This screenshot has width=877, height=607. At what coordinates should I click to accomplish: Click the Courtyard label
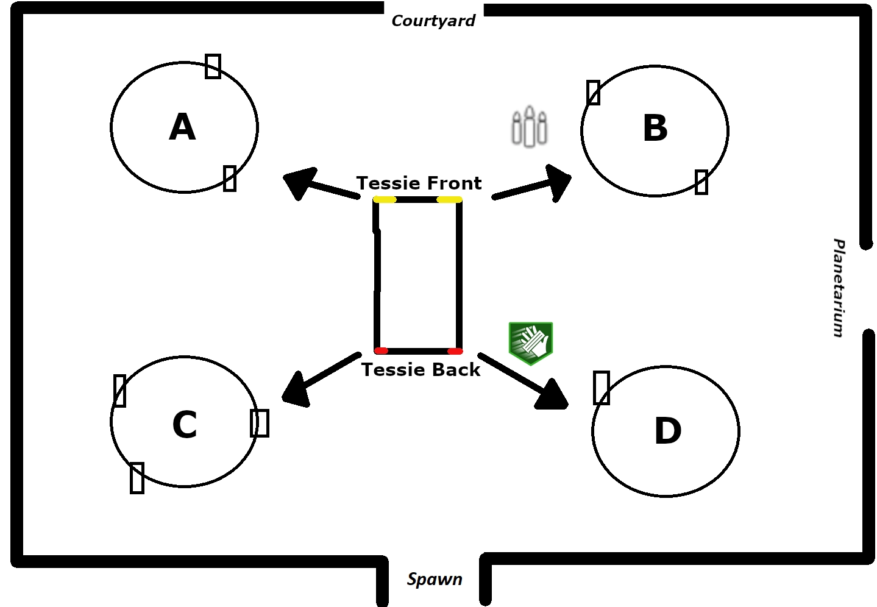[x=433, y=21]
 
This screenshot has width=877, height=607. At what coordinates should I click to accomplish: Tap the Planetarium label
[x=839, y=288]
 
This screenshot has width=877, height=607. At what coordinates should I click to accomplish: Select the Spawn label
[x=435, y=579]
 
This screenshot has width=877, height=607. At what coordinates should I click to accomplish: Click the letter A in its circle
[x=182, y=127]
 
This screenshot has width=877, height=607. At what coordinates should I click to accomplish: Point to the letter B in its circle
[x=655, y=129]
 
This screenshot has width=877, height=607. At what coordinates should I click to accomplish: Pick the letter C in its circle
[x=185, y=424]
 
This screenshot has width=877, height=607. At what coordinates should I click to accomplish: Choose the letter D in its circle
[x=668, y=431]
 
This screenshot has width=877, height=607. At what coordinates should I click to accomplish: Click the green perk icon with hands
[x=531, y=343]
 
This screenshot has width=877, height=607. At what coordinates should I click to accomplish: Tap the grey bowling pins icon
[x=529, y=127]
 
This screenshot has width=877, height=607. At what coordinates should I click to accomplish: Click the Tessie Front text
[x=419, y=183]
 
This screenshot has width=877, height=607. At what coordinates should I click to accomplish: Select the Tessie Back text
[x=421, y=370]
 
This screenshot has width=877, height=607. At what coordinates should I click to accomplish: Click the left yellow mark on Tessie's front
[x=385, y=199]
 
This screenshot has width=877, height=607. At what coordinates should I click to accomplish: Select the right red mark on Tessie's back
[x=455, y=351]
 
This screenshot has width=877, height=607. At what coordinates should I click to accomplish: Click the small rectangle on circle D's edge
[x=602, y=388]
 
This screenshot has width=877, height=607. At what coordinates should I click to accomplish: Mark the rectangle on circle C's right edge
[x=260, y=423]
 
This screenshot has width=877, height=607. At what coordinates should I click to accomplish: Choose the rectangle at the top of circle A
[x=213, y=66]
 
